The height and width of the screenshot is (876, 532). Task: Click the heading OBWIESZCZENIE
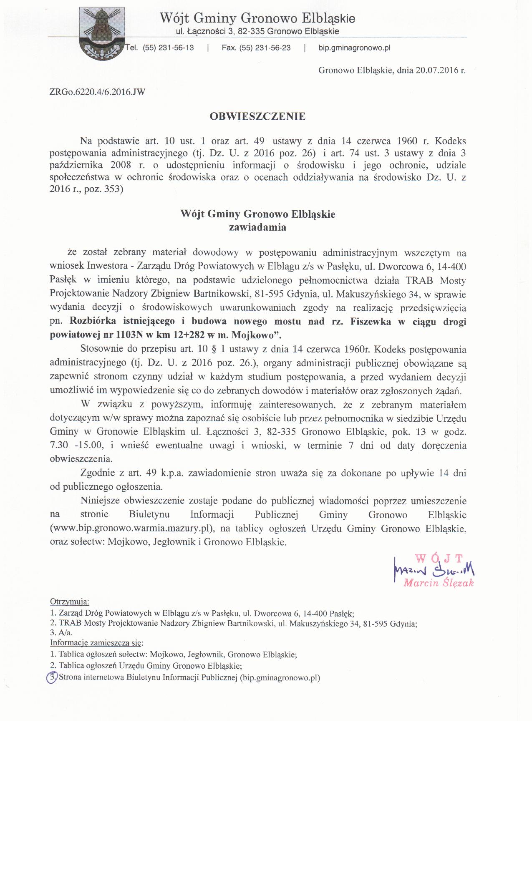[257, 116]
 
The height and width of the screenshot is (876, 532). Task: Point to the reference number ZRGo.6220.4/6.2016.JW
[97, 92]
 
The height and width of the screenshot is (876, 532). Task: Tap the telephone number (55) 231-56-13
[168, 48]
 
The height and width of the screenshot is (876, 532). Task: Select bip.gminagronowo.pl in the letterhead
[354, 48]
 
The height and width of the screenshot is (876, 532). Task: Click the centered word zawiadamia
[257, 227]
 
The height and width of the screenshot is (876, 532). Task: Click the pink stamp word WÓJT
[439, 558]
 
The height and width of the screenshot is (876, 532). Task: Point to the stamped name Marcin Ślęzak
[438, 583]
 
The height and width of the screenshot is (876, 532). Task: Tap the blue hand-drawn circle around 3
[52, 677]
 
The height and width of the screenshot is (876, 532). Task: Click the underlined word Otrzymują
[69, 602]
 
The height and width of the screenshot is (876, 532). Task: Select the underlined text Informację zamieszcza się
[96, 642]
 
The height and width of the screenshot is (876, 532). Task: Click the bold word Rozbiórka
[93, 322]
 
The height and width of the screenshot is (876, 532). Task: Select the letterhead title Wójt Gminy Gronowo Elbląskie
[257, 18]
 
